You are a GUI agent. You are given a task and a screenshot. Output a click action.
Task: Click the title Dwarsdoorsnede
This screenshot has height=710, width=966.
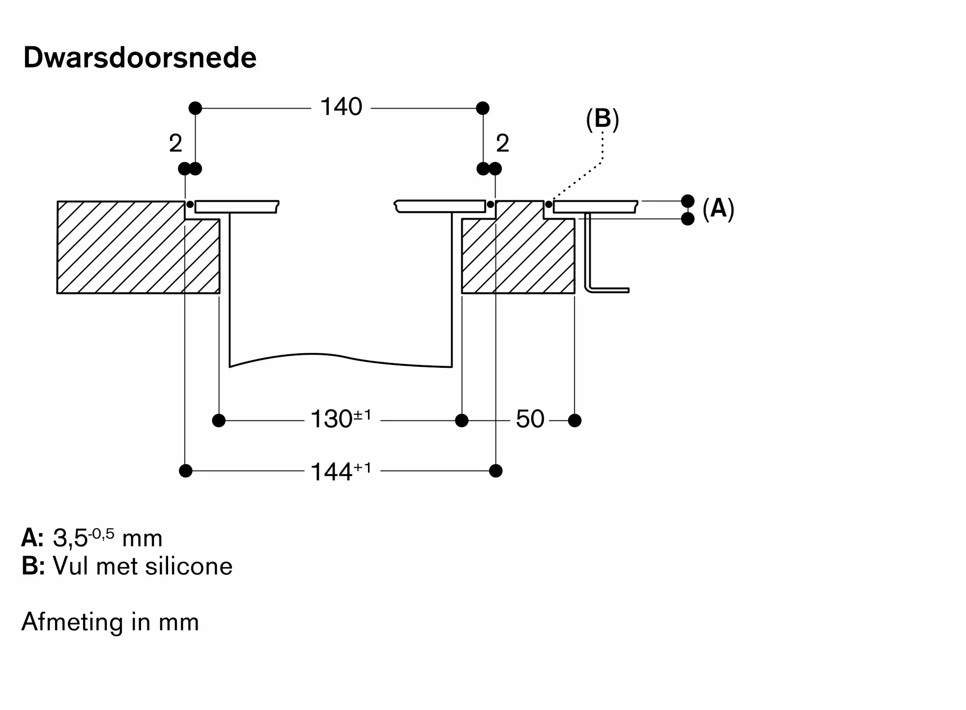[140, 58]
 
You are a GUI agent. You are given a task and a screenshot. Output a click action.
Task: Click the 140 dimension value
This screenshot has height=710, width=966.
[341, 107]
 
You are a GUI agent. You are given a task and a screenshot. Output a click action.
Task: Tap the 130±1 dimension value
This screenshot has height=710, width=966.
[341, 418]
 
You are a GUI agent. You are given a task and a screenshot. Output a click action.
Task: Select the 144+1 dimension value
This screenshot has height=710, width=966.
[341, 471]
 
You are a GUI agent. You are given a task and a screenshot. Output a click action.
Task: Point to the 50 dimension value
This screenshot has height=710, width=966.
[530, 419]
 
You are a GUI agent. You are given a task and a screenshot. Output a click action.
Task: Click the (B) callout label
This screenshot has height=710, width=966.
[602, 119]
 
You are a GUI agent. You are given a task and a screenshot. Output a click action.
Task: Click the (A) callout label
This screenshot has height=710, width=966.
[718, 209]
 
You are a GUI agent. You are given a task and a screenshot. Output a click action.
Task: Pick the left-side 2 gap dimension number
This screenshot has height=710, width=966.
[175, 143]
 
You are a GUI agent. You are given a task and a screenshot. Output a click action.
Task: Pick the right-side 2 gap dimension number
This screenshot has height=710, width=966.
[503, 143]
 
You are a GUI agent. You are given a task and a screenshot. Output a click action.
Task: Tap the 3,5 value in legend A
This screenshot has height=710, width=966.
[70, 538]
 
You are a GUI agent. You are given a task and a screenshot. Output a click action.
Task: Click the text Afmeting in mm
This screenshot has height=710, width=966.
[110, 622]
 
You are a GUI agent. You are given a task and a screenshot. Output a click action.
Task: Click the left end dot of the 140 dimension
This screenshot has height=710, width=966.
[195, 108]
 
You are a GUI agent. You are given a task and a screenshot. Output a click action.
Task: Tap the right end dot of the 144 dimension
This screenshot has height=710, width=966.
[496, 471]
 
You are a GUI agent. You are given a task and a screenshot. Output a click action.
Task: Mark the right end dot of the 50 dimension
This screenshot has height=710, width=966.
[575, 420]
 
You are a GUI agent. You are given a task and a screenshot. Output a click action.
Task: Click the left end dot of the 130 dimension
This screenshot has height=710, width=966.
[219, 420]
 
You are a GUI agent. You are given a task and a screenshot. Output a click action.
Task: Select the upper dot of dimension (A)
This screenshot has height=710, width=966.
[688, 201]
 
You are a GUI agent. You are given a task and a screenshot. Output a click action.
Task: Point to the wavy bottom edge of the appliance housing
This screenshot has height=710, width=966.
[341, 360]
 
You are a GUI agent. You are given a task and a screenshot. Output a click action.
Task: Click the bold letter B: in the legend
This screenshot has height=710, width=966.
[33, 566]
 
